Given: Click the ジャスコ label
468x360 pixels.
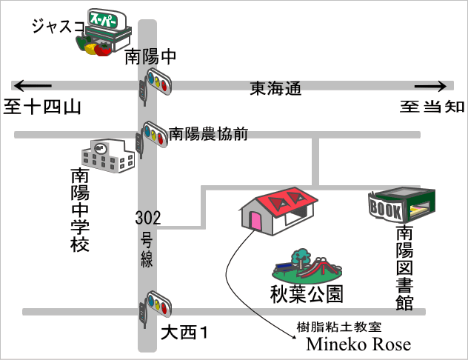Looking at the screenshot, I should click(x=57, y=27).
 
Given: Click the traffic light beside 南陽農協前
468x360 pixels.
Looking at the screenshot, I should click(x=154, y=134).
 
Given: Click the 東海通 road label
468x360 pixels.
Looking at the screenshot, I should click(x=275, y=89).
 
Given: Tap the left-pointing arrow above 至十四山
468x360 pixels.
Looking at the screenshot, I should click(x=33, y=84).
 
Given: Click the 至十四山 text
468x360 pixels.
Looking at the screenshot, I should click(x=41, y=107).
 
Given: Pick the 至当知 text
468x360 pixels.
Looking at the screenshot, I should click(x=433, y=107).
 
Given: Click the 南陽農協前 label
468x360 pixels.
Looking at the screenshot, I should click(x=208, y=133).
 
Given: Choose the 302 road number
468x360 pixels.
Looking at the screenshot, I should click(x=148, y=218).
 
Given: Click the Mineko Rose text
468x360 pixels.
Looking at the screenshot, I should click(x=358, y=344).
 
